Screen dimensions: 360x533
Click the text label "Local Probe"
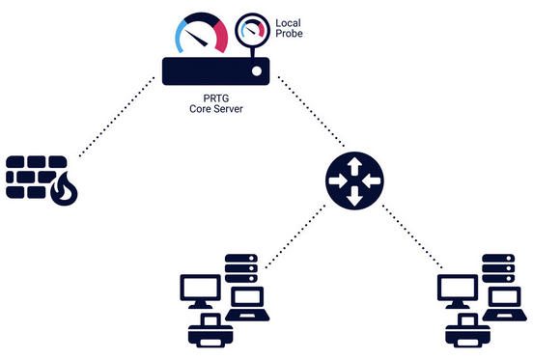coord(292,28)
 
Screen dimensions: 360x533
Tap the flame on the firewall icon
coord(63,192)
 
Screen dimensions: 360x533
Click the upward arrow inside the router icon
coord(352,166)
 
